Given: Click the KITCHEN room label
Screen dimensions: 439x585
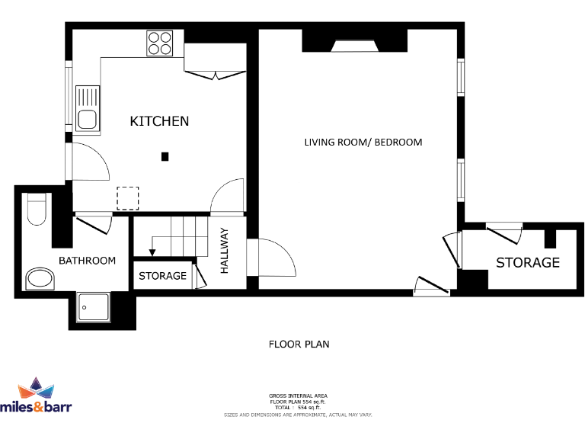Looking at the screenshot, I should point(159,121).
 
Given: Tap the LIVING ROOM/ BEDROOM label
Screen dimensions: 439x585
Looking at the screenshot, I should point(363,143).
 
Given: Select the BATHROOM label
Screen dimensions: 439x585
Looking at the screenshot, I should point(88,261).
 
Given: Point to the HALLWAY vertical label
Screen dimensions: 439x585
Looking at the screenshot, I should point(225,251).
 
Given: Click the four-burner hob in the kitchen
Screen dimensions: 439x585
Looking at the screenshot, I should point(160,43).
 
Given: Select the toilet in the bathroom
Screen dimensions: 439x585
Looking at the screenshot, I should point(37,210).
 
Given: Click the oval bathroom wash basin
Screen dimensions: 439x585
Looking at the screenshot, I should point(39,280).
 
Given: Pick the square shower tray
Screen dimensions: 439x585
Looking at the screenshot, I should point(94,307).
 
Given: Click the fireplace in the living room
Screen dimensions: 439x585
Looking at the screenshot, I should point(356,47).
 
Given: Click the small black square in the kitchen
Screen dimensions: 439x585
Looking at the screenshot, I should point(165,157).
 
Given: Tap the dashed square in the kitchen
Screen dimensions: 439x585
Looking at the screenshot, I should point(128,198).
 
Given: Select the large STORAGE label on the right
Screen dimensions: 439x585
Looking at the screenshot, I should point(528,263).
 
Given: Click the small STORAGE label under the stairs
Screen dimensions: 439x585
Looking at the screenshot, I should point(162,276).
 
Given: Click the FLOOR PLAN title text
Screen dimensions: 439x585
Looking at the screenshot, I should point(299,344).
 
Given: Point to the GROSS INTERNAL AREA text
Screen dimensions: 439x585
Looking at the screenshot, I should point(298,396).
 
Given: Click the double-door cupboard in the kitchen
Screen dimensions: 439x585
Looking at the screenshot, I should point(215,61).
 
